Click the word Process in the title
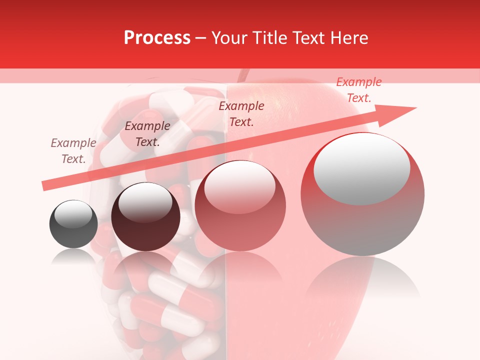tap(157, 38)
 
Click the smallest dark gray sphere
tap(73, 224)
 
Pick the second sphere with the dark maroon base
tap(145, 217)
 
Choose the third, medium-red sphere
tap(240, 205)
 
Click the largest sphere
tap(362, 194)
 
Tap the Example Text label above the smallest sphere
tap(73, 151)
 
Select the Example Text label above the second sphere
tap(147, 134)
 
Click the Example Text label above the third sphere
tap(241, 113)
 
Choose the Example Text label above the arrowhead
tap(359, 90)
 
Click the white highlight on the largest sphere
tap(361, 168)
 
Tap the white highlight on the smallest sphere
tap(73, 214)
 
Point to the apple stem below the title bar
tap(243, 75)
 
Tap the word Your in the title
tap(229, 38)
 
